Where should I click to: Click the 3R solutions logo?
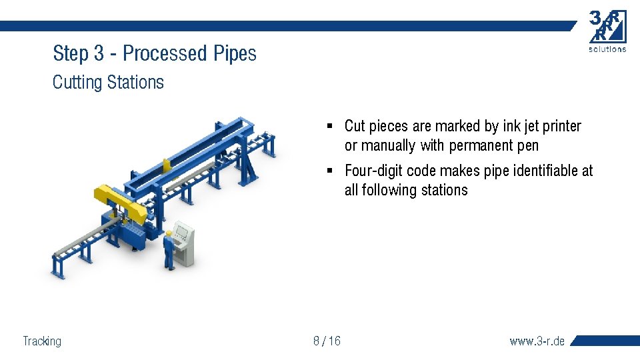pyautogui.click(x=607, y=31)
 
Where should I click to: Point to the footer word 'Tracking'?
pyautogui.click(x=42, y=341)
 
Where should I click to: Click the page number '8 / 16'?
pyautogui.click(x=327, y=341)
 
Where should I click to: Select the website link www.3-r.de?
pyautogui.click(x=537, y=341)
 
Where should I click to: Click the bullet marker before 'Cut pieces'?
pyautogui.click(x=330, y=126)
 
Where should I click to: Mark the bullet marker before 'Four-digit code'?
pyautogui.click(x=330, y=171)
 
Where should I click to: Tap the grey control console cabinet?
pyautogui.click(x=185, y=243)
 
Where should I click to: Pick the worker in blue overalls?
pyautogui.click(x=169, y=249)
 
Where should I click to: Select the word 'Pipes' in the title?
pyautogui.click(x=235, y=53)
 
